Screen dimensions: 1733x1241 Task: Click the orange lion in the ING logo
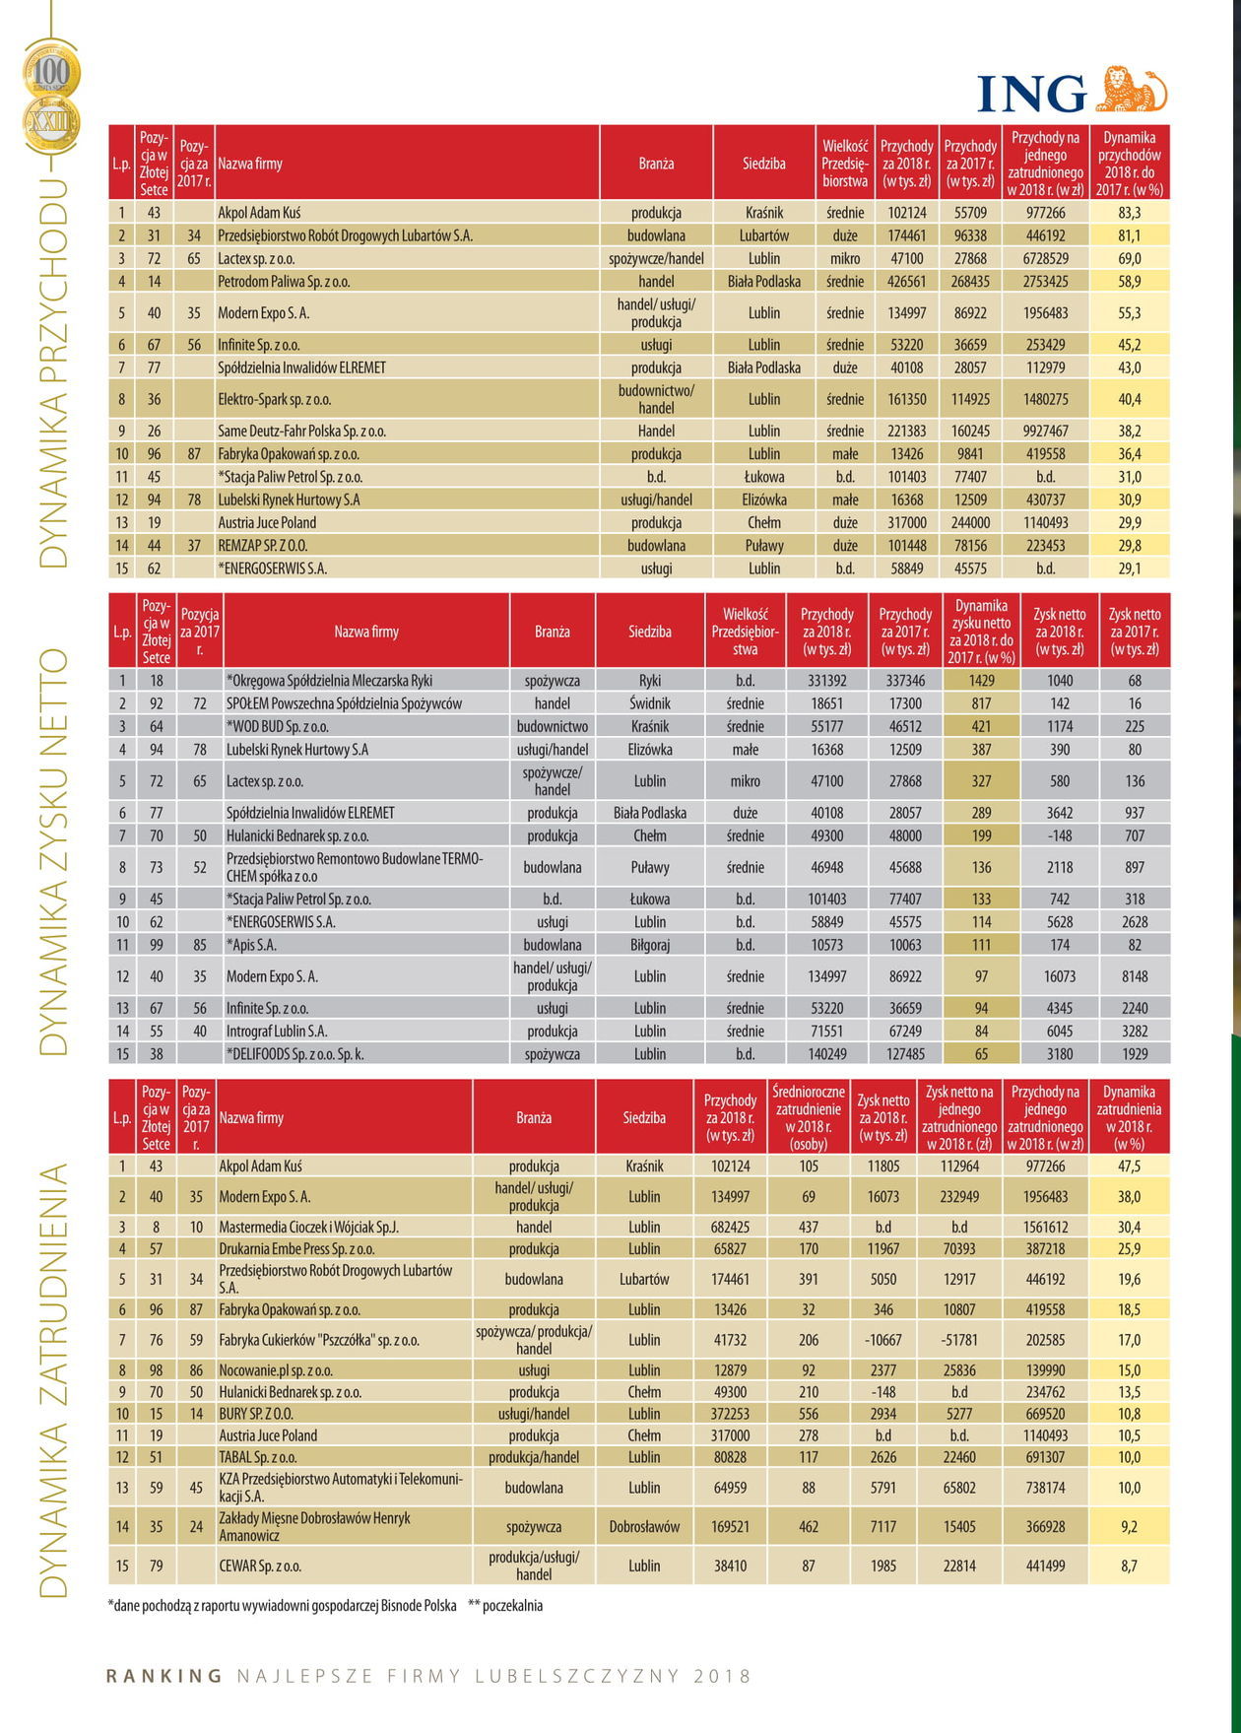pyautogui.click(x=1131, y=90)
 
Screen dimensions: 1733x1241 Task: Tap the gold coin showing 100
pyautogui.click(x=52, y=72)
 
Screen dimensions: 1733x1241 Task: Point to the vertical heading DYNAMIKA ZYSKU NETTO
pyautogui.click(x=54, y=851)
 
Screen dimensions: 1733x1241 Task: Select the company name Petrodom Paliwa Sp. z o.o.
pyautogui.click(x=284, y=282)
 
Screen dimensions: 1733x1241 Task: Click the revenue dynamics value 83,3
pyautogui.click(x=1130, y=213)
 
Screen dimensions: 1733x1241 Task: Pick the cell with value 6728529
pyautogui.click(x=1045, y=258)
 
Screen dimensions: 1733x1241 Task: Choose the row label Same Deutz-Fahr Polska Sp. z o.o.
pyautogui.click(x=301, y=432)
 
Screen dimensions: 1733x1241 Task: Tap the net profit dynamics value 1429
pyautogui.click(x=981, y=681)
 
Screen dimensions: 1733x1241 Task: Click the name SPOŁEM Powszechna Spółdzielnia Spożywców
pyautogui.click(x=344, y=703)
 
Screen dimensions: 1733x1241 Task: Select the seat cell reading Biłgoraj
pyautogui.click(x=649, y=945)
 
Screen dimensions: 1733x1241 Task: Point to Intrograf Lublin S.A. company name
pyautogui.click(x=277, y=1032)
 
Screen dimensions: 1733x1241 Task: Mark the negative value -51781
pyautogui.click(x=959, y=1340)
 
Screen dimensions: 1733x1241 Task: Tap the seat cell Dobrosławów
pyautogui.click(x=644, y=1527)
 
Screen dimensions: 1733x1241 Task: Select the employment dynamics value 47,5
pyautogui.click(x=1129, y=1166)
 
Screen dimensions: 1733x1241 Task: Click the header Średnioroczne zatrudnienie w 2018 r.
pyautogui.click(x=809, y=1117)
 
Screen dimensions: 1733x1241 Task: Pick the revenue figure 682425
pyautogui.click(x=730, y=1228)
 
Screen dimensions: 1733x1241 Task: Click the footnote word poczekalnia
pyautogui.click(x=512, y=1606)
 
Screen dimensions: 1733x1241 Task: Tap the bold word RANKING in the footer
pyautogui.click(x=164, y=1676)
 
